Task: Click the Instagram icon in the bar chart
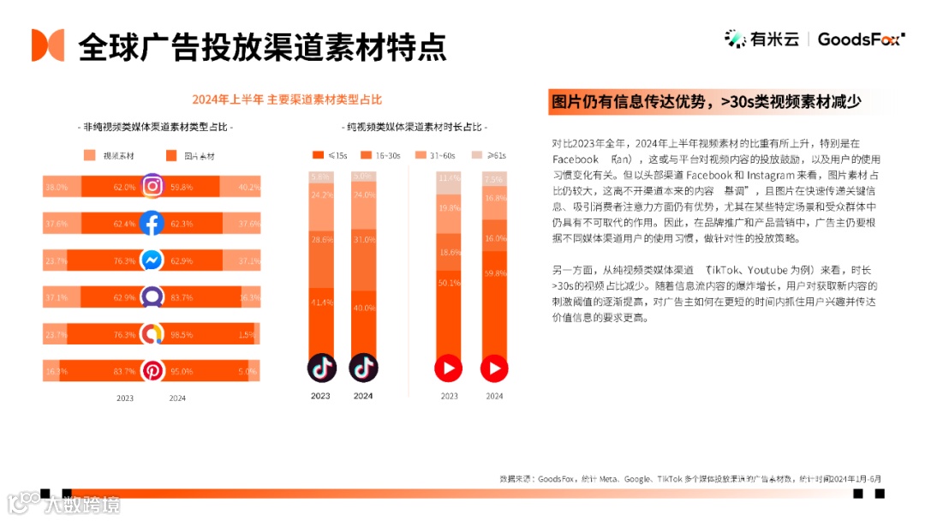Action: [x=152, y=186]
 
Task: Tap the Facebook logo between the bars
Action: [x=152, y=224]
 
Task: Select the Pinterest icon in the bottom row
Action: [x=152, y=371]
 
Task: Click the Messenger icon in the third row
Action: [x=152, y=260]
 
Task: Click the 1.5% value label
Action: [x=247, y=334]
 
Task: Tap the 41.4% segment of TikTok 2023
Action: [x=320, y=302]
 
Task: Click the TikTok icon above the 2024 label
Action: [x=363, y=368]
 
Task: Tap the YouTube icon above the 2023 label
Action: [x=449, y=368]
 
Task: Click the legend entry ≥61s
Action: [x=488, y=155]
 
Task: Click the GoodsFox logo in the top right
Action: [x=859, y=39]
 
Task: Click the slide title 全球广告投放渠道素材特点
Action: [x=262, y=46]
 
